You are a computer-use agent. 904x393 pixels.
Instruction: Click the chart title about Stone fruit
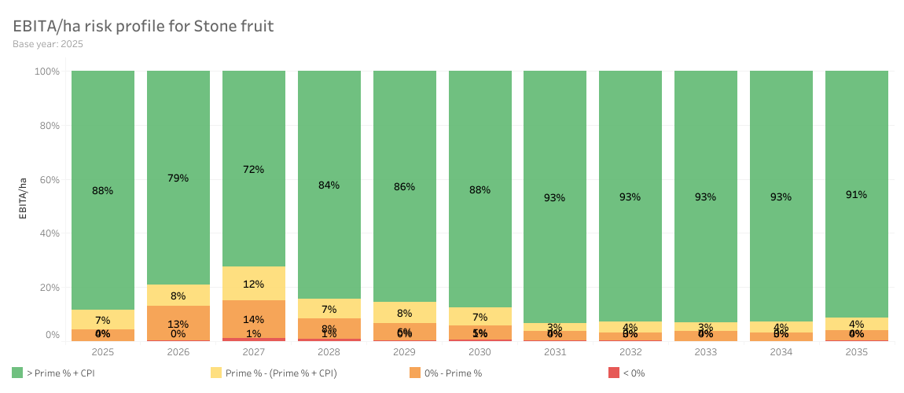(143, 26)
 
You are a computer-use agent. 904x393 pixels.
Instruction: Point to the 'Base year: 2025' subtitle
(48, 44)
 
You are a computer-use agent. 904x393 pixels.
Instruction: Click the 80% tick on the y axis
(48, 126)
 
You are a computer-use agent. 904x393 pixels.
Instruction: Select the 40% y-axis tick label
(48, 233)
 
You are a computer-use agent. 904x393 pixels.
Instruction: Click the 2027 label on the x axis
(253, 352)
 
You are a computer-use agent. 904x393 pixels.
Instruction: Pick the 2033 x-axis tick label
(705, 352)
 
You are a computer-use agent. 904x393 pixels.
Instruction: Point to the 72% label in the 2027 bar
(254, 170)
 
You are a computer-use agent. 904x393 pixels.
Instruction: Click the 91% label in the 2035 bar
(856, 194)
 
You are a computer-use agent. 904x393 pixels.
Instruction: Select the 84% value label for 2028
(329, 185)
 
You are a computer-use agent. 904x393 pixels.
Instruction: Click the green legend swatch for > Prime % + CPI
(18, 373)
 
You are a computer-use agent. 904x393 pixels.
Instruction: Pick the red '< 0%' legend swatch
(613, 373)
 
